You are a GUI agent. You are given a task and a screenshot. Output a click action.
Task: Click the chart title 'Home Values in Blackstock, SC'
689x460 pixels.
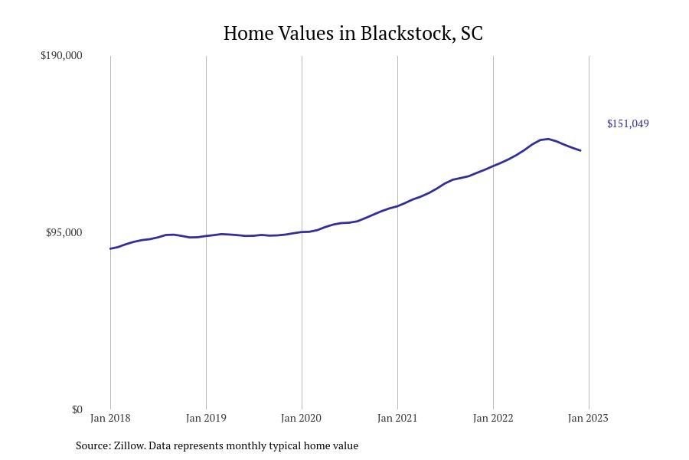[353, 34]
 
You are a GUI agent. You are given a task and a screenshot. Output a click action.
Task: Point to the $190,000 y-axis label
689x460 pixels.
[61, 55]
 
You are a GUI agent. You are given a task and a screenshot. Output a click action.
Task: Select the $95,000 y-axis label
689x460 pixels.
[64, 232]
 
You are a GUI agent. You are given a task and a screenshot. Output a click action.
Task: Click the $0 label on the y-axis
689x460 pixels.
[77, 409]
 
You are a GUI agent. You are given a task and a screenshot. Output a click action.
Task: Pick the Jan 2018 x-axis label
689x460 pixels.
[110, 418]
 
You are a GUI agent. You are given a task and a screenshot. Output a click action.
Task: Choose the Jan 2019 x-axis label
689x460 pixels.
[206, 418]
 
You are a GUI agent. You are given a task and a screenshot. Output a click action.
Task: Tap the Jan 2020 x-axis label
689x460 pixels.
[302, 418]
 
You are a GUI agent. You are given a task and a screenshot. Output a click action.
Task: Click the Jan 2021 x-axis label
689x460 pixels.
[397, 418]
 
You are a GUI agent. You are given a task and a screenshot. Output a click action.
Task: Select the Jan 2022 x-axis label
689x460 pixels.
[493, 418]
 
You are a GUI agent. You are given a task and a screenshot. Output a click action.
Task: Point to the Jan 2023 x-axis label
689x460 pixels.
[588, 418]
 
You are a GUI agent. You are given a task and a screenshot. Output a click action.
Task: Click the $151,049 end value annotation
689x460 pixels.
[628, 123]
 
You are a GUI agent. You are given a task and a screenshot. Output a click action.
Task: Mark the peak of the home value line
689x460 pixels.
[548, 139]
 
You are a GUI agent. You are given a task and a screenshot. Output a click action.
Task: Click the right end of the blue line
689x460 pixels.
[581, 150]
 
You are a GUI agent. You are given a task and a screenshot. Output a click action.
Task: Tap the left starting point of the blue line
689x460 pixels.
[110, 248]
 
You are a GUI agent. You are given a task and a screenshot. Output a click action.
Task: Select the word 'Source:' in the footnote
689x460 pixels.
[93, 445]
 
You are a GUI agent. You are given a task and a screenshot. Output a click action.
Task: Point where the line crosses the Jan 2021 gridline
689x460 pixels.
[397, 205]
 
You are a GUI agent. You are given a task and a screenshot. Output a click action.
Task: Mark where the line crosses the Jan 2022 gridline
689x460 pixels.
[493, 166]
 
